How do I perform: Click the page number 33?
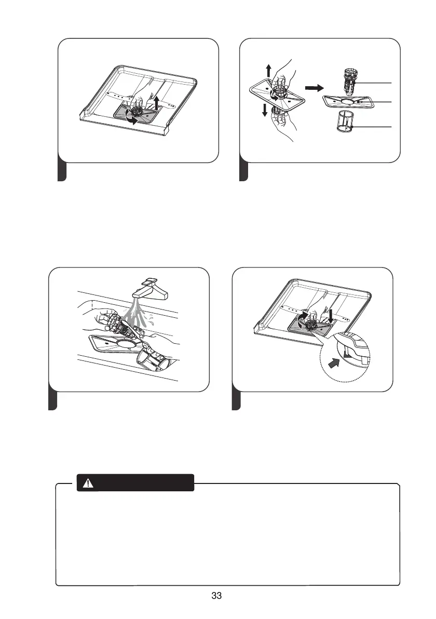[217, 596]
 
